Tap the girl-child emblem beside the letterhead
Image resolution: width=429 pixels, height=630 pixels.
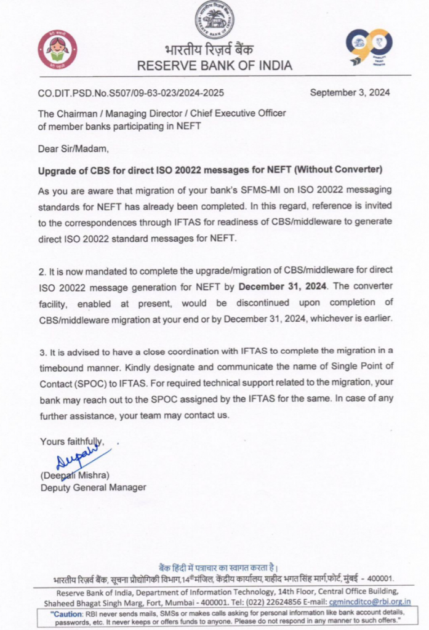(57, 49)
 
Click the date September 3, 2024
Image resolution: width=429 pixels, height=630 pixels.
(350, 93)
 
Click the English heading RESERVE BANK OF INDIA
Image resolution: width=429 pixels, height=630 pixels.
(214, 65)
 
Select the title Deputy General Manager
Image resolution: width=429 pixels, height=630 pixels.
(93, 487)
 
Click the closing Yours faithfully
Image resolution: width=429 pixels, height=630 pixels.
(71, 442)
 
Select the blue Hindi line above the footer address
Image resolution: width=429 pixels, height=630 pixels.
(218, 567)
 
